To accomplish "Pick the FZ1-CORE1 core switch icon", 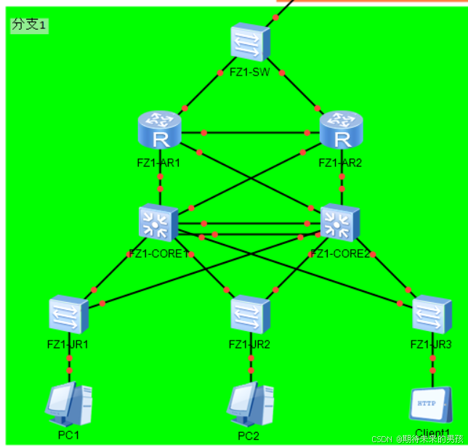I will pos(158,222).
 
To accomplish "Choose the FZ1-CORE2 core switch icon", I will pos(340,222).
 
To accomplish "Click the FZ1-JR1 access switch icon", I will pos(69,314).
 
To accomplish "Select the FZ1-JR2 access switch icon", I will pos(251,314).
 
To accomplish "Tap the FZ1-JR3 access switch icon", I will pos(432,314).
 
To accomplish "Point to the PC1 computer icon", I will pos(69,404).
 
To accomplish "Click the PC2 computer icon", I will pos(251,404).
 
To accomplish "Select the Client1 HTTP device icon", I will pos(431,405).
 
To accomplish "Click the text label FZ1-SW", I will pos(249,72).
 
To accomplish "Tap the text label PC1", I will pos(68,435).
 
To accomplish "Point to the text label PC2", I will pos(249,436).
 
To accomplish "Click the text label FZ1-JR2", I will pos(249,344).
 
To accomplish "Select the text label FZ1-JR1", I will pos(68,344).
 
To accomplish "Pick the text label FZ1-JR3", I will pos(431,344).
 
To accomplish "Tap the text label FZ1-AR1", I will pos(158,163).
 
